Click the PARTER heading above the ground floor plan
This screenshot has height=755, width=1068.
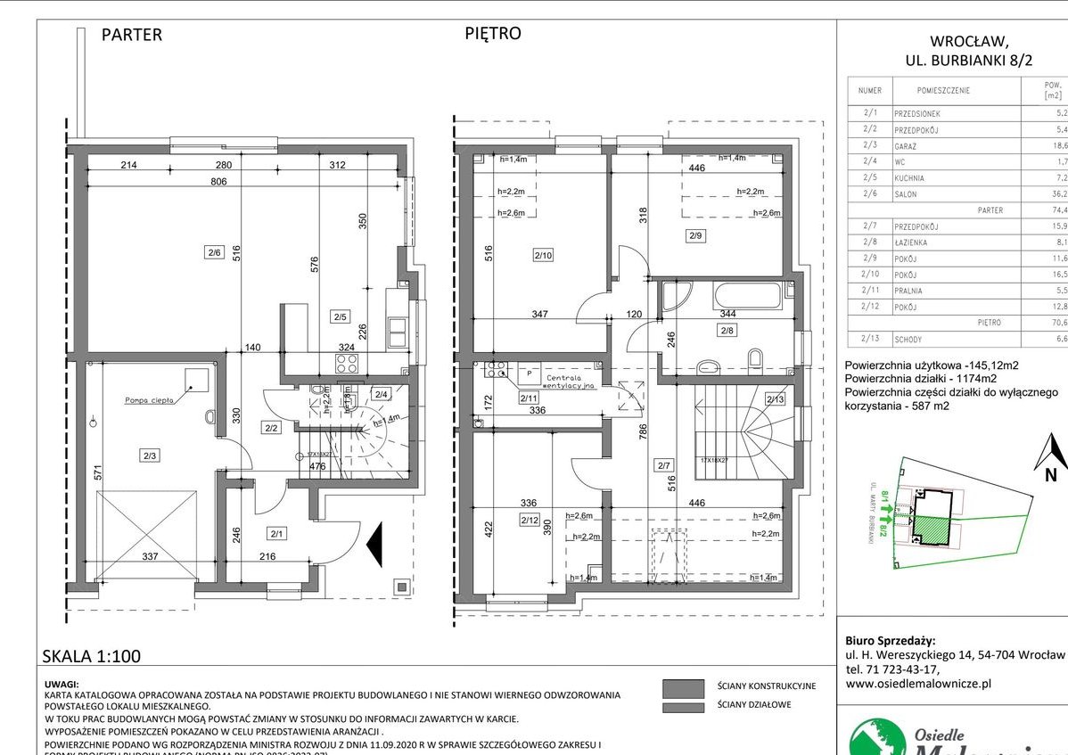[x=131, y=35]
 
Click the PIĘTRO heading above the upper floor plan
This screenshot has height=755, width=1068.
[x=492, y=34]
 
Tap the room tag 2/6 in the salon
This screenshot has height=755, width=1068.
[x=213, y=252]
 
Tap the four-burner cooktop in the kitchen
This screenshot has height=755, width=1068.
[x=347, y=363]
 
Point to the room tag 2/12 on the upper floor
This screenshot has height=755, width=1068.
[x=530, y=519]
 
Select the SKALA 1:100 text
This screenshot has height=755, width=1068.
[x=92, y=657]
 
